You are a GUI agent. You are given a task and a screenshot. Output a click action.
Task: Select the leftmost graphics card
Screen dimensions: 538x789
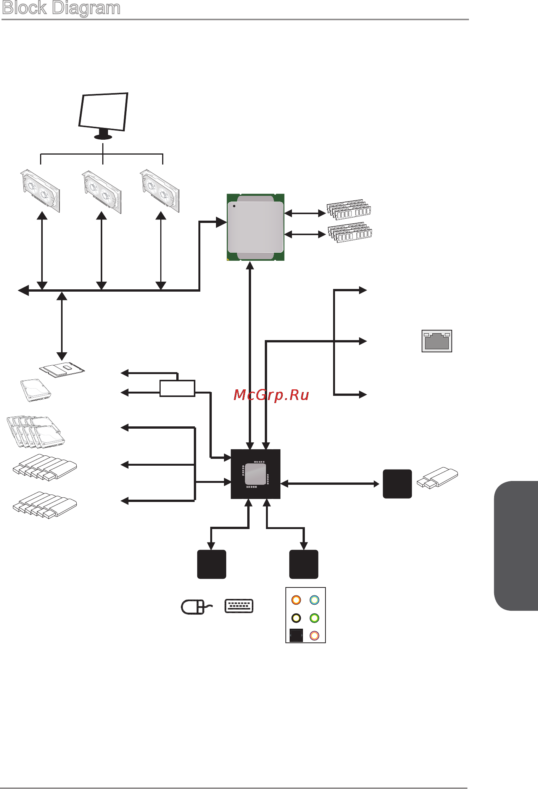click(x=40, y=191)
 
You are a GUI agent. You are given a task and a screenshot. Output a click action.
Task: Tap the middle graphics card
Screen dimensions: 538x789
click(x=102, y=192)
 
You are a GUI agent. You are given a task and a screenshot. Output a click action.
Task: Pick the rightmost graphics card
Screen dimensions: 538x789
click(x=160, y=191)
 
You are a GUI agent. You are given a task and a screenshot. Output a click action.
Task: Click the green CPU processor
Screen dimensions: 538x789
click(x=256, y=227)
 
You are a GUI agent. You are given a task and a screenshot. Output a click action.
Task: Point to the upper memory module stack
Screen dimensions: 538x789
click(x=349, y=209)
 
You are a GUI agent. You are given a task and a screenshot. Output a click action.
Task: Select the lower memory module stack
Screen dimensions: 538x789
click(x=350, y=232)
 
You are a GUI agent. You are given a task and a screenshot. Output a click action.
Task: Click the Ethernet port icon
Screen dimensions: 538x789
click(x=437, y=341)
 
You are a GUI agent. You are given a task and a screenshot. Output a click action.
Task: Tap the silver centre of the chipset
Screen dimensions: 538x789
click(x=255, y=474)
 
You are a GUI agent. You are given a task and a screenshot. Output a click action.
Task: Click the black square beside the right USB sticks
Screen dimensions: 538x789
click(x=397, y=484)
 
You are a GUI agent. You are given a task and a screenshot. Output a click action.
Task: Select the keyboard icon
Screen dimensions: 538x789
click(x=239, y=606)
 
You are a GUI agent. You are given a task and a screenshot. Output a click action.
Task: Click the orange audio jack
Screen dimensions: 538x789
click(x=296, y=600)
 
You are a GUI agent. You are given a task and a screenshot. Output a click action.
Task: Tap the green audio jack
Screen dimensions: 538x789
click(x=314, y=618)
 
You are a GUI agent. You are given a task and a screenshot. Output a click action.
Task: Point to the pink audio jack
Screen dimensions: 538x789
click(x=314, y=636)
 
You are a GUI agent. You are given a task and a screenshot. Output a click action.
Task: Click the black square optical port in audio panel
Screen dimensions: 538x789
click(x=296, y=635)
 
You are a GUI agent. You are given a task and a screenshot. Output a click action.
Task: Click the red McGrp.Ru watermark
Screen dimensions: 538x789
click(x=271, y=395)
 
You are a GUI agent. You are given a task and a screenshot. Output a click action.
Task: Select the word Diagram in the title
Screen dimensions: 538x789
click(x=86, y=8)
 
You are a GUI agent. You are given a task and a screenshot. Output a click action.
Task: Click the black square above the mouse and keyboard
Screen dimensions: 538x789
click(x=212, y=564)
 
